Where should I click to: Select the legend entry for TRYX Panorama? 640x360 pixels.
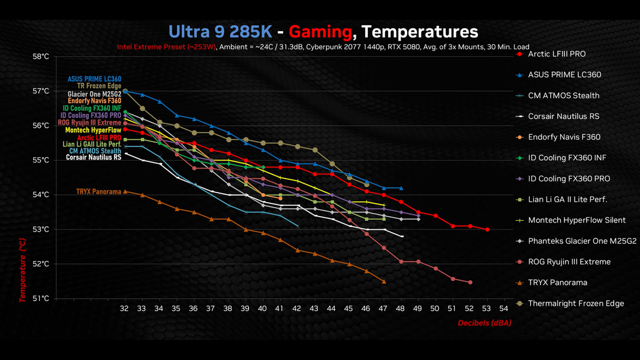558,283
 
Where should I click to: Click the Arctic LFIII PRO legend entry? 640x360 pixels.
557,54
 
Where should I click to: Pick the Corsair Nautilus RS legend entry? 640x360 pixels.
563,116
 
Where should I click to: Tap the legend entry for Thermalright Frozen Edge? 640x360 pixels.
576,304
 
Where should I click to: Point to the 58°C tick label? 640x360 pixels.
40,56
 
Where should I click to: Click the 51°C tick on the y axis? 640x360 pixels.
40,298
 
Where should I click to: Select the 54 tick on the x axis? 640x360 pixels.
504,308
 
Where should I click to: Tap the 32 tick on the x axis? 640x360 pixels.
125,308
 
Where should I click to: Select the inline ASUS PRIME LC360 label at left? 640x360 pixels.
94,79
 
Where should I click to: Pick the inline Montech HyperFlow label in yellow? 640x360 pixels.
93,130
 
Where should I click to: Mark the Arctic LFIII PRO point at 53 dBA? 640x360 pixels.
487,229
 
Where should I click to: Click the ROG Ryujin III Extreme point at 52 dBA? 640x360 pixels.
470,282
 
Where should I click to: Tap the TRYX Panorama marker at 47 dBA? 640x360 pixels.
384,281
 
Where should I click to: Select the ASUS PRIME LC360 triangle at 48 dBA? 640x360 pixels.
401,188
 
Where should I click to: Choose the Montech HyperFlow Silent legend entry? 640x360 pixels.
576,220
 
